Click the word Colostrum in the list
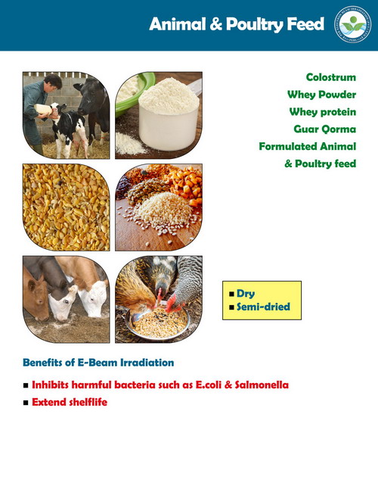(330, 77)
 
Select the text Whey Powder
(321, 95)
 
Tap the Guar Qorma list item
(325, 129)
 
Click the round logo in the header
(353, 24)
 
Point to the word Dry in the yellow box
(246, 294)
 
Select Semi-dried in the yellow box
(263, 307)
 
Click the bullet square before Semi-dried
(231, 307)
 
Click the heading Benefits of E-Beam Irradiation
(98, 363)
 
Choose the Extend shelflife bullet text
(70, 402)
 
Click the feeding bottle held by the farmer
(44, 110)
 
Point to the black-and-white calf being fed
(67, 128)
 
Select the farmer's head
(53, 83)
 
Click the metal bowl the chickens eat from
(157, 323)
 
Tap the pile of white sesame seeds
(163, 210)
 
